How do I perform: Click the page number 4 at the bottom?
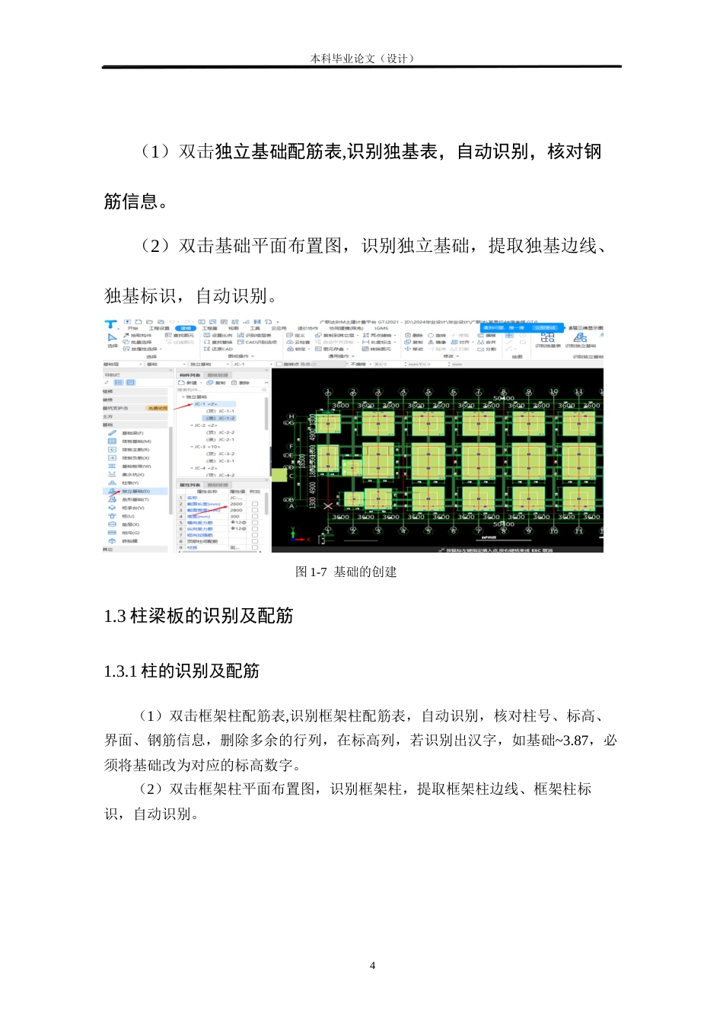click(x=372, y=965)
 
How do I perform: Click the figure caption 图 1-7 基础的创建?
click(x=346, y=572)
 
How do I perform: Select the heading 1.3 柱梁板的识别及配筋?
click(x=199, y=616)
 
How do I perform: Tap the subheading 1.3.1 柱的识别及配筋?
click(x=182, y=671)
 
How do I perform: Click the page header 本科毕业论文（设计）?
click(x=361, y=59)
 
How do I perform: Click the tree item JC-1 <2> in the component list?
click(x=205, y=404)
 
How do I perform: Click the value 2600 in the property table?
click(x=236, y=504)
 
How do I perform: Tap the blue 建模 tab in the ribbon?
click(x=186, y=329)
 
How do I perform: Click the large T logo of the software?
click(x=111, y=325)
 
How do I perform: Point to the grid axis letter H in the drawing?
click(x=291, y=417)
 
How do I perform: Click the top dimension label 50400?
click(x=503, y=398)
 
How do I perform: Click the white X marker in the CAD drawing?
click(x=328, y=505)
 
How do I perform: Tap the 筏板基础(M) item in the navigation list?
click(x=136, y=441)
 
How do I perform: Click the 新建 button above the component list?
click(x=188, y=383)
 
